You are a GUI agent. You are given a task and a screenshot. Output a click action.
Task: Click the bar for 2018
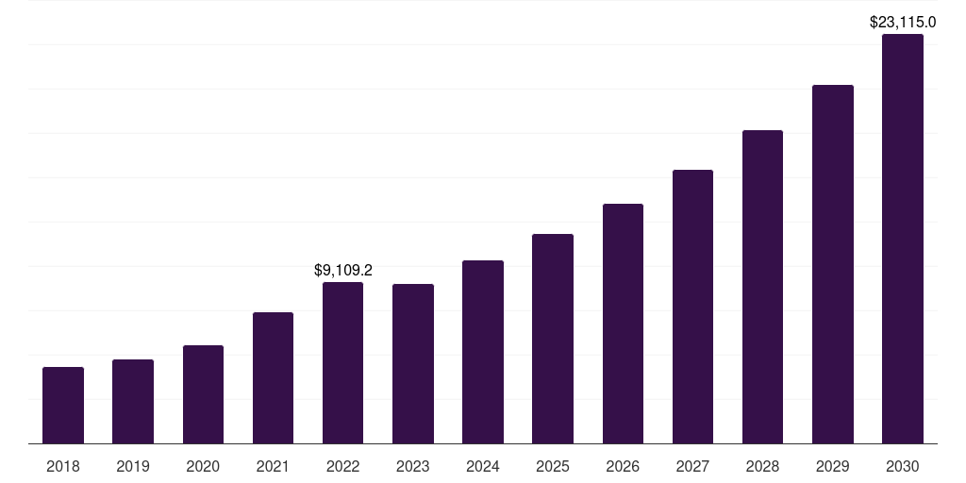(63, 405)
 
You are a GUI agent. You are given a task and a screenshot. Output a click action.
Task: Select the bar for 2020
(203, 394)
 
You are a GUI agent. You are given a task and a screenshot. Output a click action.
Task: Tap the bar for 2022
(342, 362)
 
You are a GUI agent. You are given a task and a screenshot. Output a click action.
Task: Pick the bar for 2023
(413, 363)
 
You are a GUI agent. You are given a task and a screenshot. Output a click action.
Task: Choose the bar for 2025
(553, 339)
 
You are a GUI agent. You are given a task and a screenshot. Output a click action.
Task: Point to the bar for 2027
(692, 307)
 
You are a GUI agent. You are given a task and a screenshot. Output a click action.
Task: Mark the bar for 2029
(833, 264)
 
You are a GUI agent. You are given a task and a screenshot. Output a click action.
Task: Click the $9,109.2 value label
(343, 270)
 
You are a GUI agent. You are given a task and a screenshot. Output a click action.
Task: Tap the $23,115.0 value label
(903, 22)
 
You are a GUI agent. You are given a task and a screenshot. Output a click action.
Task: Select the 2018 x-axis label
(63, 466)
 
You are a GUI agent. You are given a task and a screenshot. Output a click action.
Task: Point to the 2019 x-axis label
(133, 466)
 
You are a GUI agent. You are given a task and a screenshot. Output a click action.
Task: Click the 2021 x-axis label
(273, 466)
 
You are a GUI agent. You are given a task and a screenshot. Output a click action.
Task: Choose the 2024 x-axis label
(483, 466)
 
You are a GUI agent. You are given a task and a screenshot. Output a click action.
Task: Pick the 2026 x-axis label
(623, 466)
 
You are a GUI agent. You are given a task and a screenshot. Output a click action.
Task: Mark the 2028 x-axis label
(762, 466)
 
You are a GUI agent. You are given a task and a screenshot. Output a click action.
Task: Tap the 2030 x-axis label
(903, 466)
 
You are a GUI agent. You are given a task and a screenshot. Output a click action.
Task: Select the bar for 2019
(133, 401)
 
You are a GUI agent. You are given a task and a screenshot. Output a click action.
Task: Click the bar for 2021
(273, 377)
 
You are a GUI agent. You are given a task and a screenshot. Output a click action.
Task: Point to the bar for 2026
(623, 324)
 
